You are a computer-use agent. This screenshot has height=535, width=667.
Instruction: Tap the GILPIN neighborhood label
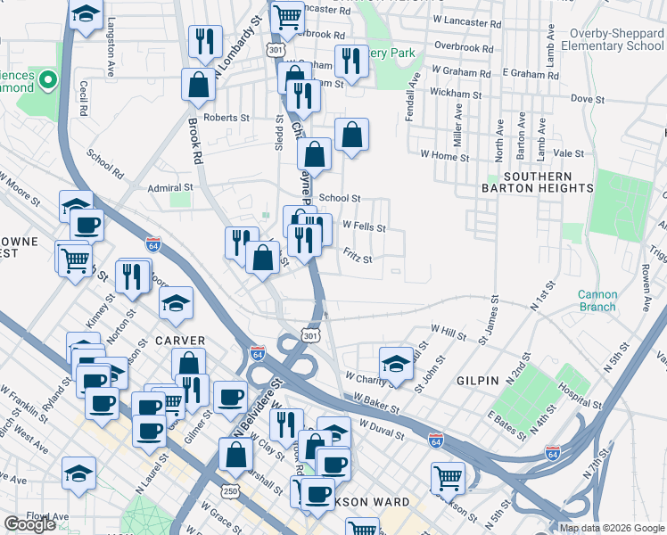[477, 381]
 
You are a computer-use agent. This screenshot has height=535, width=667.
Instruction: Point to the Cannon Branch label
[597, 300]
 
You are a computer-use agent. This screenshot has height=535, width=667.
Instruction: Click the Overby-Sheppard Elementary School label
[617, 39]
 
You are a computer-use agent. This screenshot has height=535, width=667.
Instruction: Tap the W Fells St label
[364, 227]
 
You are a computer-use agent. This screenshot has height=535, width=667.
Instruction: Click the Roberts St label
[226, 118]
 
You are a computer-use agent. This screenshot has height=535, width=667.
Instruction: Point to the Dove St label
[581, 98]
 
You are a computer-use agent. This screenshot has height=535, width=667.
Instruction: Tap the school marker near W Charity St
[395, 362]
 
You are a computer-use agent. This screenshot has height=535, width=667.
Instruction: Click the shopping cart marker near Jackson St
[446, 477]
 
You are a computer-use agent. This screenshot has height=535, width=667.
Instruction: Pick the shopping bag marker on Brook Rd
[198, 85]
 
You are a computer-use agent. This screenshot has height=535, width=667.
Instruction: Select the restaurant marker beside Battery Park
[350, 61]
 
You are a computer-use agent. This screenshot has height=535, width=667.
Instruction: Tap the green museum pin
[45, 81]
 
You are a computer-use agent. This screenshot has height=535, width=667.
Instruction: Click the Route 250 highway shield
[230, 491]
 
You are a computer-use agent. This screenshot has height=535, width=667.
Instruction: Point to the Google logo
[29, 524]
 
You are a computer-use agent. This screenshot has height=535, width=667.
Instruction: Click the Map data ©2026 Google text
[612, 528]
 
